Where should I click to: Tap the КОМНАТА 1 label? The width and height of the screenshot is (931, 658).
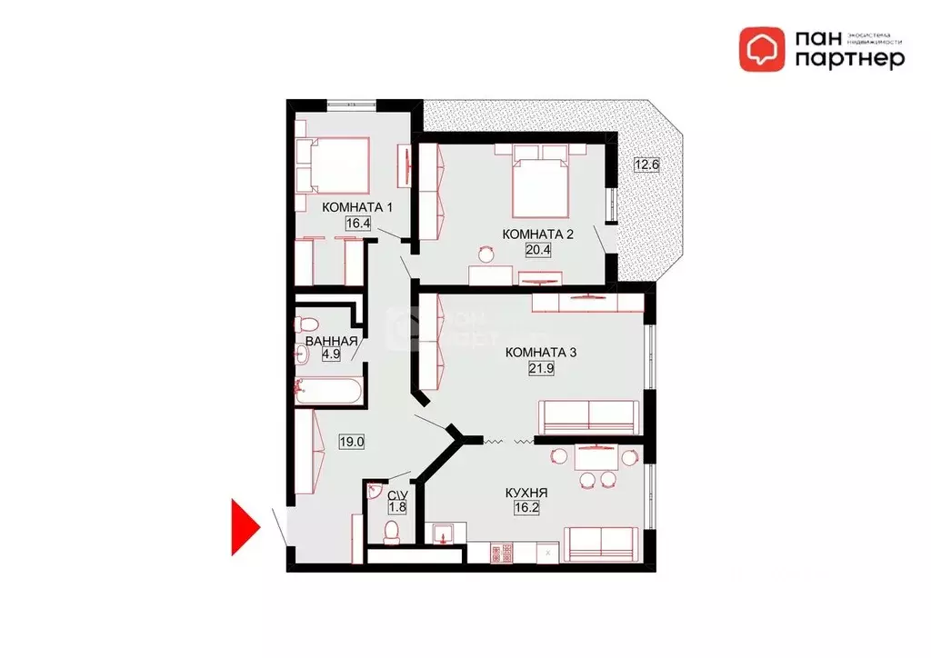click(357, 207)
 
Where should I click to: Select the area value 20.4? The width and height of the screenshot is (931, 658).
click(538, 250)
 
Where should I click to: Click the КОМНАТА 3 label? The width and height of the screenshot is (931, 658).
click(540, 353)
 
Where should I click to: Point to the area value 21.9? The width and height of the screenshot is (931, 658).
click(540, 368)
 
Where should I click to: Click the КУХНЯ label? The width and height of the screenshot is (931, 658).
click(527, 493)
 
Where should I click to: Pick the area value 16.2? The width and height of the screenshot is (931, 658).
click(527, 509)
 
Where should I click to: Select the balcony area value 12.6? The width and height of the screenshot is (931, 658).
click(646, 164)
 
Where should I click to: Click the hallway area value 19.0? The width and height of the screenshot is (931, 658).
click(352, 443)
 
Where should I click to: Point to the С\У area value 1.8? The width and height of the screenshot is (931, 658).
click(396, 510)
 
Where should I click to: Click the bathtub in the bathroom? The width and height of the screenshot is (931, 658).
click(328, 392)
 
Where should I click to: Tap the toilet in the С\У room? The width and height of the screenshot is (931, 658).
click(392, 531)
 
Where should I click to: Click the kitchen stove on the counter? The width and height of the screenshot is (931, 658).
click(501, 551)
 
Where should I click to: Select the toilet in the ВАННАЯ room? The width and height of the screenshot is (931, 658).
click(306, 323)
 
